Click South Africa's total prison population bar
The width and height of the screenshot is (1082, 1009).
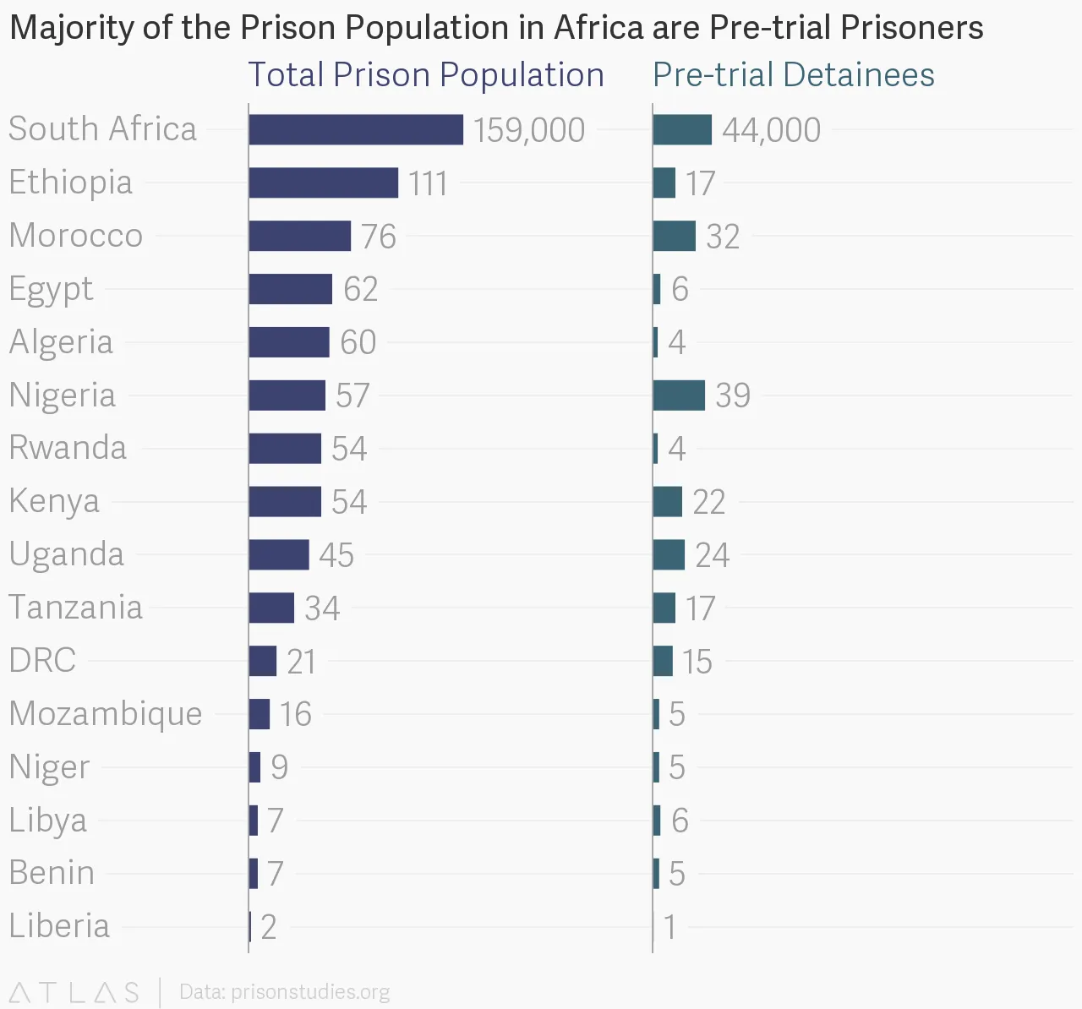tap(356, 130)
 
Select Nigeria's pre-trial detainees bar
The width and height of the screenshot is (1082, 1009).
tap(679, 395)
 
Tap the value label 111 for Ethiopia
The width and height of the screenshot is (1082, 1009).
tap(428, 183)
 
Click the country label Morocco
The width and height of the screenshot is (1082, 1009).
tap(76, 236)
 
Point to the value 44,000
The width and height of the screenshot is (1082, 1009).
tap(771, 130)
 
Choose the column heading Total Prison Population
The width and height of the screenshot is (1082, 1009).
tap(425, 75)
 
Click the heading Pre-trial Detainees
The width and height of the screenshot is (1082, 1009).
tap(793, 75)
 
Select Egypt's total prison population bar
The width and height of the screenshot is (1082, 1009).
tap(290, 289)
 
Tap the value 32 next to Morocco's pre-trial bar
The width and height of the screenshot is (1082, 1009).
tap(723, 237)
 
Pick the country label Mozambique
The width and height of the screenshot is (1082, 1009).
tap(106, 714)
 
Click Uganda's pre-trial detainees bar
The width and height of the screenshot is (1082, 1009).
tap(669, 555)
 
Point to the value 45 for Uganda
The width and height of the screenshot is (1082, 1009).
tap(336, 555)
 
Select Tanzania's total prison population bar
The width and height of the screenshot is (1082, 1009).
tap(271, 608)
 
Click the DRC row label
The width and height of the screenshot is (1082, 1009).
tap(42, 661)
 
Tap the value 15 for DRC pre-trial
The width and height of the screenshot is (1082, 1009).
tap(697, 662)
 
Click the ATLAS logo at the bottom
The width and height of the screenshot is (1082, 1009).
tap(74, 992)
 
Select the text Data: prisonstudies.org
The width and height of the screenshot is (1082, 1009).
tap(284, 992)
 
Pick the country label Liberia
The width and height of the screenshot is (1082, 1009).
tap(59, 926)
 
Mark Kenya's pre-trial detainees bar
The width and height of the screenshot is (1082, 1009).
tap(667, 502)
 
